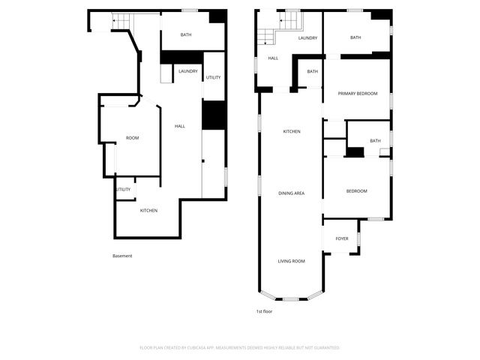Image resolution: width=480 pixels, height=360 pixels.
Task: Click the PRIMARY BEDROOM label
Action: [357, 94]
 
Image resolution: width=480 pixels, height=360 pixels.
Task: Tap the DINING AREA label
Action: [291, 193]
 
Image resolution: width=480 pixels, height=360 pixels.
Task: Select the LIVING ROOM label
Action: [291, 261]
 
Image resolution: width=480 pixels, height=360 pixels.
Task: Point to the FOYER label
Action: [342, 238]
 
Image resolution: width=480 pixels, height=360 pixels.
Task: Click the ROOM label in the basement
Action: [132, 138]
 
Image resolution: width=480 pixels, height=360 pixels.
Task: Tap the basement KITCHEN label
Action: [148, 211]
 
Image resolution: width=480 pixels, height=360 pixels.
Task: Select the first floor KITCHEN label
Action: [291, 132]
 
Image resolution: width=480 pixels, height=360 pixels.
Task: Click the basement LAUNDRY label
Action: [188, 72]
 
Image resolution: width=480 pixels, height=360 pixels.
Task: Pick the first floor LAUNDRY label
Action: [307, 38]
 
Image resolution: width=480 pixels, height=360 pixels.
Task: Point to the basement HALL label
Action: [180, 126]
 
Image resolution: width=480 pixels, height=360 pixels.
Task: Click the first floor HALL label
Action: [273, 58]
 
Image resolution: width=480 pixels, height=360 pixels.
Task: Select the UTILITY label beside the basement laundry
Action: [213, 77]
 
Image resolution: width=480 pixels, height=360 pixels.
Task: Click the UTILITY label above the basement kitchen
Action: [123, 189]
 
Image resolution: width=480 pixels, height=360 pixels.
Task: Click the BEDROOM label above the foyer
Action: [356, 191]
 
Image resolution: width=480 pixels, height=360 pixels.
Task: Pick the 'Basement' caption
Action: [122, 256]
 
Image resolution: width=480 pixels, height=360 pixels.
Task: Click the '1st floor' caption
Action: [264, 310]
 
